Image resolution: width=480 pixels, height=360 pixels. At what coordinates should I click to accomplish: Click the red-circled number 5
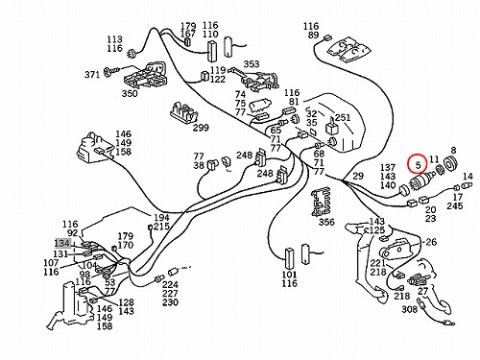[x=418, y=165]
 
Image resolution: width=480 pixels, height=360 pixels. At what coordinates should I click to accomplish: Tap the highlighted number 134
[x=62, y=243]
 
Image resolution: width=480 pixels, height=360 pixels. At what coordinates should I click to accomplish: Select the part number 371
[x=92, y=75]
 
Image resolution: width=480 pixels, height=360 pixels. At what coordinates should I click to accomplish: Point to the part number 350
[x=130, y=93]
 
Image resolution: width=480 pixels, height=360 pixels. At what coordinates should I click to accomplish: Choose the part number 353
[x=252, y=64]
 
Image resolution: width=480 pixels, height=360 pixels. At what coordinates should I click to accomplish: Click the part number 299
[x=201, y=128]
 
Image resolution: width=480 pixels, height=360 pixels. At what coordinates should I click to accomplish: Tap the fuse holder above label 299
[x=182, y=112]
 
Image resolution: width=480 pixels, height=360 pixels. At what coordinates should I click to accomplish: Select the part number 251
[x=343, y=118]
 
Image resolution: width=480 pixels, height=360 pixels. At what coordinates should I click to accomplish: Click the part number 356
[x=326, y=222]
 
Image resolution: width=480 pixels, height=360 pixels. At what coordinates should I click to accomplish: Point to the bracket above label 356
[x=322, y=203]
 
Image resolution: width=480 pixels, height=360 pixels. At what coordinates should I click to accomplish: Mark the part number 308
[x=410, y=309]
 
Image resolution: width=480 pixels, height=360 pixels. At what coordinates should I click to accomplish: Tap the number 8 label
[x=453, y=150]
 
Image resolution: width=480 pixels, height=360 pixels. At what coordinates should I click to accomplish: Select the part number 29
[x=358, y=176]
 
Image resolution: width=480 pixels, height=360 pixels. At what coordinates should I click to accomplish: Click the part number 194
[x=162, y=218]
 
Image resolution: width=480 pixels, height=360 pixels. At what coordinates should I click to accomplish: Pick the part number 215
[x=162, y=227]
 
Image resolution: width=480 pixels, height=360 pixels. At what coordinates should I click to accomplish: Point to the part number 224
[x=170, y=284]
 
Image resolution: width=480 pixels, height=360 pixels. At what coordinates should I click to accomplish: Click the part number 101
[x=289, y=275]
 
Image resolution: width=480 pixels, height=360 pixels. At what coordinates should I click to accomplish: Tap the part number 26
[x=431, y=242]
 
